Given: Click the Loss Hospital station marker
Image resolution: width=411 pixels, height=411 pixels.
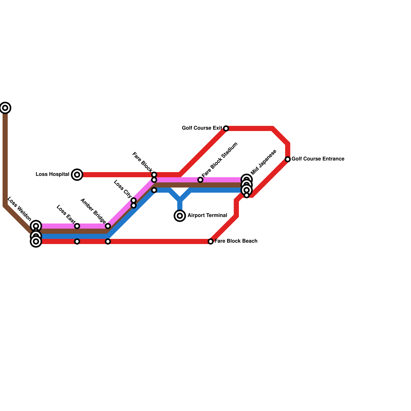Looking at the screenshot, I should pos(77,175).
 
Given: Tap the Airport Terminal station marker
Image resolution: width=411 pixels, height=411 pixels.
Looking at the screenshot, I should pos(180,216).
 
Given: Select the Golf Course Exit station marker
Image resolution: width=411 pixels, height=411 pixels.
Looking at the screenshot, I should pos(226,128).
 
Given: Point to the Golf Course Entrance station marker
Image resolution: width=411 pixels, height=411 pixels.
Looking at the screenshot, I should pos(288,159).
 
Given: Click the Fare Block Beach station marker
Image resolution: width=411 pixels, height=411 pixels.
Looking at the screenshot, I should pos(211,241).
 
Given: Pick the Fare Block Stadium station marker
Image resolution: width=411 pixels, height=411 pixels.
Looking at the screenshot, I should pos(200,180).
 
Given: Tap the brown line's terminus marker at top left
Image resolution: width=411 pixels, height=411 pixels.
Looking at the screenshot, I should pos(5,108).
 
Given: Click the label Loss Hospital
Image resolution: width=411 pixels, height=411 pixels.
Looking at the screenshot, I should pos(52,174).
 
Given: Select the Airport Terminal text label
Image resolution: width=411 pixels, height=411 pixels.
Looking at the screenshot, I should pos(207,215).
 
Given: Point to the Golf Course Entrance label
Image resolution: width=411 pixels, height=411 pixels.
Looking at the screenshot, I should pos(318,159).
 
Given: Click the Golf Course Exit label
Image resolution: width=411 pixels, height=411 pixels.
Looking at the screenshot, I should pos(202,128).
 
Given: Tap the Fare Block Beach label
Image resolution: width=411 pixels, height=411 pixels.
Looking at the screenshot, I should pos(236,241).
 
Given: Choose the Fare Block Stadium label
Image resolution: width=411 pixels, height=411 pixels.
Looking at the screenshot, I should pos(220,160).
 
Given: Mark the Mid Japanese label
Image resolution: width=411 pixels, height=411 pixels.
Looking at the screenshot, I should pos(264,162).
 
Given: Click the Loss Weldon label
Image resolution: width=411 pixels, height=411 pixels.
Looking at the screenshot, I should pos(19,209).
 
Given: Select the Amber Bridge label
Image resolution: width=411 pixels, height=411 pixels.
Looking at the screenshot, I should pos(93,211).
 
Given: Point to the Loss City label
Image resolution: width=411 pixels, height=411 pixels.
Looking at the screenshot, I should pos(123,189).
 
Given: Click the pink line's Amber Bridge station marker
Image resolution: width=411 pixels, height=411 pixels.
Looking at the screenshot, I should pos(108,226).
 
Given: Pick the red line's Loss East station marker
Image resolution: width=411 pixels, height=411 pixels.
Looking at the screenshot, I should pos(77,241).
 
